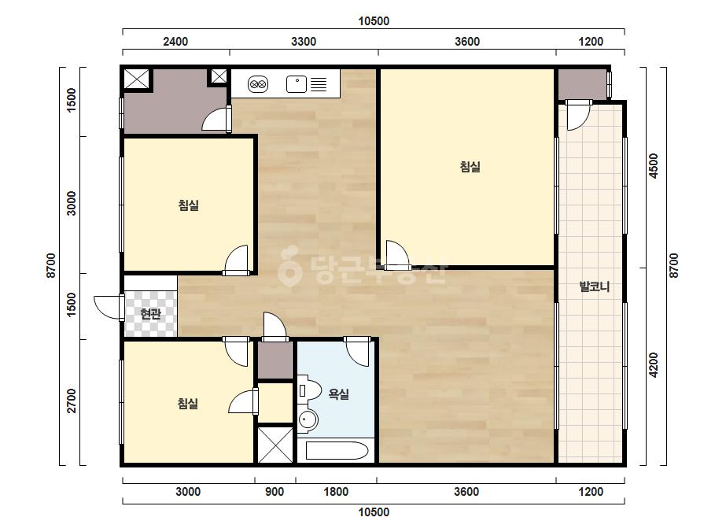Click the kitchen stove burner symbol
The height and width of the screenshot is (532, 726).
pyautogui.click(x=258, y=84)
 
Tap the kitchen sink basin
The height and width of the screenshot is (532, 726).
pyautogui.click(x=297, y=84)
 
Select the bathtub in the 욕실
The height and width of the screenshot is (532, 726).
pyautogui.click(x=337, y=450)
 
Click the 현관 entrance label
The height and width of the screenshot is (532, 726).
pyautogui.click(x=150, y=314)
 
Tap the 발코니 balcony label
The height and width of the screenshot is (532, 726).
pyautogui.click(x=595, y=286)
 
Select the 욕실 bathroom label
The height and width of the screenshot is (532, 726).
pyautogui.click(x=338, y=394)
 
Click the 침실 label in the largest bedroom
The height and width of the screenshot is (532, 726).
pyautogui.click(x=470, y=166)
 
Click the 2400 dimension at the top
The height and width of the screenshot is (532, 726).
pyautogui.click(x=175, y=42)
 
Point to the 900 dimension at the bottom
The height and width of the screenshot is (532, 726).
pyautogui.click(x=275, y=492)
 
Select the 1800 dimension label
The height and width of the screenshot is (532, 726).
pyautogui.click(x=336, y=492)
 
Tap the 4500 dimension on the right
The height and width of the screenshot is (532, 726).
pyautogui.click(x=654, y=165)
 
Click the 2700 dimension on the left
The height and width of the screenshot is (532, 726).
pyautogui.click(x=71, y=401)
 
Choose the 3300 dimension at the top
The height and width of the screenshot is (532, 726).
pyautogui.click(x=304, y=42)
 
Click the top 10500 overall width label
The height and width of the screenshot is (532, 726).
pyautogui.click(x=374, y=20)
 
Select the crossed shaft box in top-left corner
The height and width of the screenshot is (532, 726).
pyautogui.click(x=137, y=79)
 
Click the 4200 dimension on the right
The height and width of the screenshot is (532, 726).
pyautogui.click(x=654, y=365)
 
